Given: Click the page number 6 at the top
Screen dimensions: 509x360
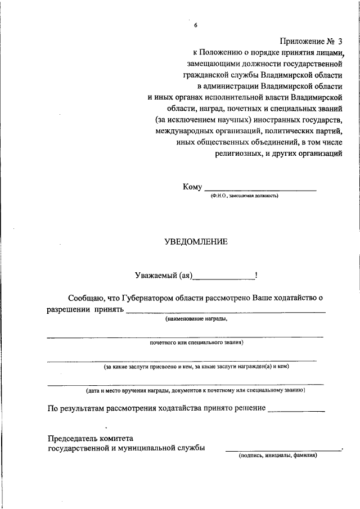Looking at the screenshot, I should [x=196, y=25].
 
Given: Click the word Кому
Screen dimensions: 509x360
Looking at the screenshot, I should [x=192, y=187].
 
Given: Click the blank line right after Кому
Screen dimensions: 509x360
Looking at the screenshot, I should [x=260, y=190].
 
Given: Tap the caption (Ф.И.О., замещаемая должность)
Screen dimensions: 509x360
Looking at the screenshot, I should [x=245, y=196].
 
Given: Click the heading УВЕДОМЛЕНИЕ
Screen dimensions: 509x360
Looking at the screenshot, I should [x=196, y=242].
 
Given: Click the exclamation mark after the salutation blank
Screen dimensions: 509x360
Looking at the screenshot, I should [x=256, y=275].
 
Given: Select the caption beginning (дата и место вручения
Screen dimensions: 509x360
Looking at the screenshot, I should [x=195, y=390].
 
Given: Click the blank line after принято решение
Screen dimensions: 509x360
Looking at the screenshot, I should [x=296, y=411].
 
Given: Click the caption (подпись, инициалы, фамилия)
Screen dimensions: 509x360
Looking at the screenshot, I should [x=278, y=456].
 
